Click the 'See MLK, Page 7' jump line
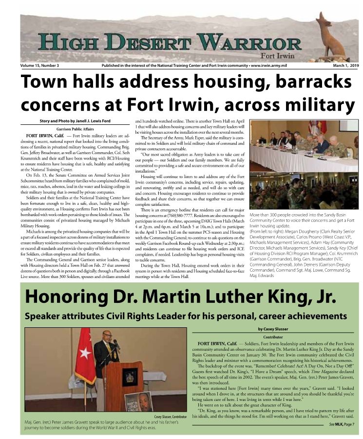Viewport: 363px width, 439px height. tap(341, 425)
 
